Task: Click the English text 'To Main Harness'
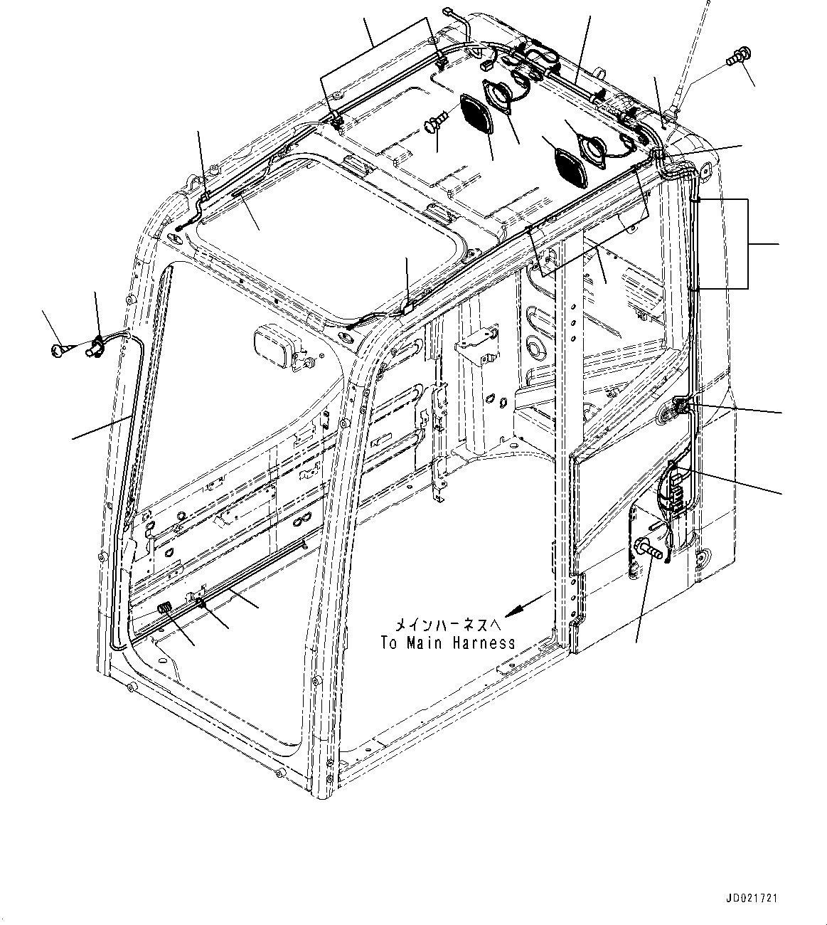coord(447,643)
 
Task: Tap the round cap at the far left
coord(59,349)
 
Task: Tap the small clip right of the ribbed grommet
coord(203,603)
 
